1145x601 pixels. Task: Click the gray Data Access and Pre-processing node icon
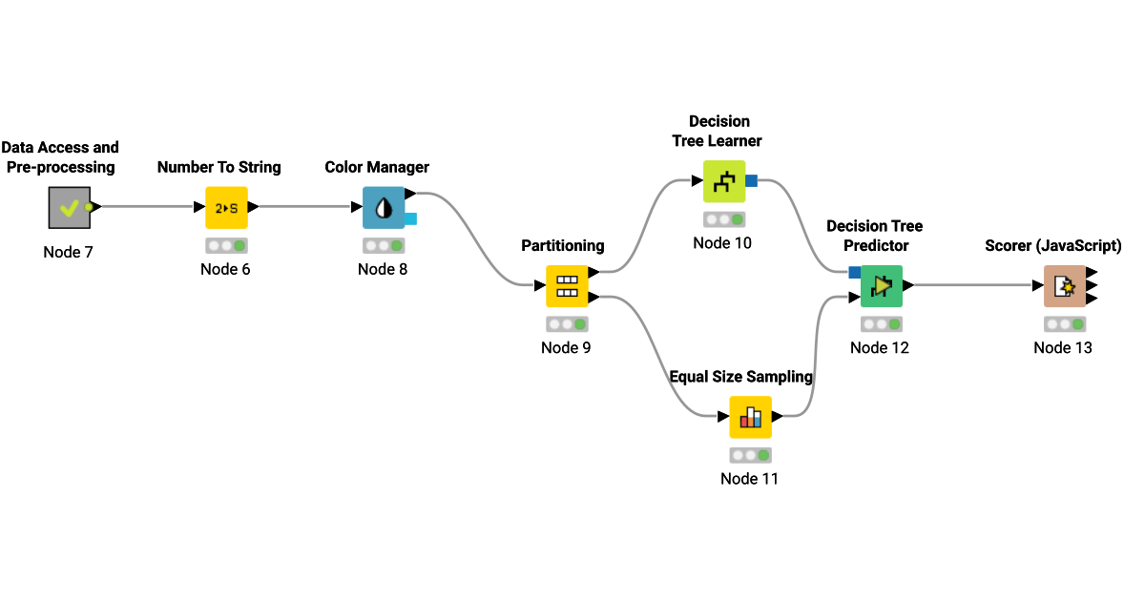click(69, 207)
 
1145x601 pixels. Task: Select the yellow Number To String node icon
click(226, 207)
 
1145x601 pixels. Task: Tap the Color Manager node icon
click(383, 207)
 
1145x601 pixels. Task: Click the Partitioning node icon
click(567, 285)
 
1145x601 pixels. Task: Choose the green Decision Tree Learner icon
click(723, 181)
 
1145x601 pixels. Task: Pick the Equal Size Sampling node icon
click(750, 417)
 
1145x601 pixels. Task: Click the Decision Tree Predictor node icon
click(881, 285)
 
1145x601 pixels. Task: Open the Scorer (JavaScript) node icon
click(1063, 285)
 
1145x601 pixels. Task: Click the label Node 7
click(69, 253)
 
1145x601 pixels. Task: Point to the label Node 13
click(1063, 347)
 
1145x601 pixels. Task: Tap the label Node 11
click(750, 479)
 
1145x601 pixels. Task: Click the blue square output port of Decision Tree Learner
click(752, 181)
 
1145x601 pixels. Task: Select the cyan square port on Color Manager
click(411, 218)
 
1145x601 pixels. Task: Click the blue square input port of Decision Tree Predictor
click(854, 273)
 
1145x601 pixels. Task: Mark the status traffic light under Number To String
click(226, 246)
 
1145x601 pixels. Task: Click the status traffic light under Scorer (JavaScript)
click(1063, 324)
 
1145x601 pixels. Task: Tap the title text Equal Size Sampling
click(740, 377)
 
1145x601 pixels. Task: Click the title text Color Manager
click(377, 168)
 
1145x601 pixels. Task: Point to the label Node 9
click(566, 347)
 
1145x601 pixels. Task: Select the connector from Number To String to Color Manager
click(305, 207)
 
